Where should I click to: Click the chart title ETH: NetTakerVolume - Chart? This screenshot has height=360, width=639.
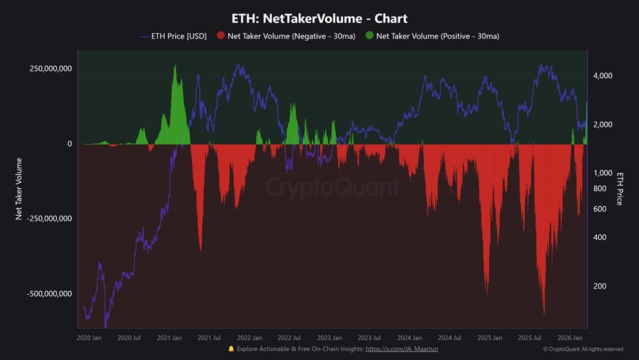(319, 19)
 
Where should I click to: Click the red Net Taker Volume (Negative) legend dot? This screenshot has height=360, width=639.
(221, 36)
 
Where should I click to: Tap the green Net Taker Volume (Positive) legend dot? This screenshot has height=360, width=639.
(369, 36)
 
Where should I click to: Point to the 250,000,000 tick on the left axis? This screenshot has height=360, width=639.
(50, 68)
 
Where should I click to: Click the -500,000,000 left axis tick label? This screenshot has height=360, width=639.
(49, 294)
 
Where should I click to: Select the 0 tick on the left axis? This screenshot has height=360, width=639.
(70, 144)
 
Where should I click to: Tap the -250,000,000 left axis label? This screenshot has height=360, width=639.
(49, 219)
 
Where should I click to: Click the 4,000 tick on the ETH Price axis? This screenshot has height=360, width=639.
(603, 76)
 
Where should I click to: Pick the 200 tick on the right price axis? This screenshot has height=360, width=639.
(599, 286)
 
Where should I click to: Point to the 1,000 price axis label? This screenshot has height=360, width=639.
(603, 173)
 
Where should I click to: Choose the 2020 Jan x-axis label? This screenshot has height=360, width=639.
(89, 338)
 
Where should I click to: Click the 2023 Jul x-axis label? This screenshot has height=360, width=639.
(369, 338)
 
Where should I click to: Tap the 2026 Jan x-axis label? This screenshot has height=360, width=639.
(569, 338)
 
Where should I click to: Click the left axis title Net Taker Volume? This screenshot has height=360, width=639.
(19, 189)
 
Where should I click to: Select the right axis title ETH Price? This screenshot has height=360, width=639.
(619, 189)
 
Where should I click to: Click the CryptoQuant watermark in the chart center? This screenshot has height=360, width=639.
(332, 187)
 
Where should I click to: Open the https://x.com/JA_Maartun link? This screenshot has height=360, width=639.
(401, 349)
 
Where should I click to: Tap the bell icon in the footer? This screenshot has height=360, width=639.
(231, 349)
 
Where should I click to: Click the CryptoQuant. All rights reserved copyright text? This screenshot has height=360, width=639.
(583, 349)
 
